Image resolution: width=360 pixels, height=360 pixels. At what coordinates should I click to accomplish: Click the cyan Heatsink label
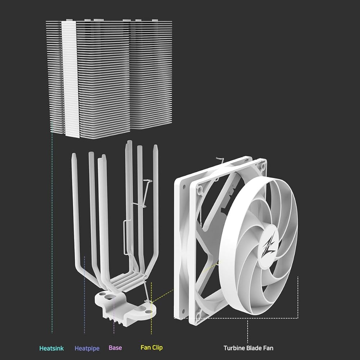[51, 348]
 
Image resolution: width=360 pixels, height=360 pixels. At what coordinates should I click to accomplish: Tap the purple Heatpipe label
[87, 348]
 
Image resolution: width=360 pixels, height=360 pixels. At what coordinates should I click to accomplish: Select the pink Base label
[115, 348]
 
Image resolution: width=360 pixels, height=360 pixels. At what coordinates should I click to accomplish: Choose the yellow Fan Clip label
[152, 348]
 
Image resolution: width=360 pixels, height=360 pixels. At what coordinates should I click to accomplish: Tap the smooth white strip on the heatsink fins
[71, 79]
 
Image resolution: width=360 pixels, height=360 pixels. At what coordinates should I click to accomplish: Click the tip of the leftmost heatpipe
[74, 154]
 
